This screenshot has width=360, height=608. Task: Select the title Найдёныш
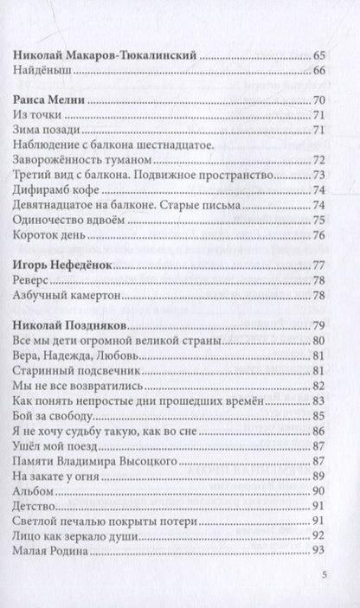click(44, 71)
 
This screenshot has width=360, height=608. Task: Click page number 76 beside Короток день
click(317, 235)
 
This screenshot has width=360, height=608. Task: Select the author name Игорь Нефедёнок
click(64, 266)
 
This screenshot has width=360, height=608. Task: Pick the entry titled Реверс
click(35, 280)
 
